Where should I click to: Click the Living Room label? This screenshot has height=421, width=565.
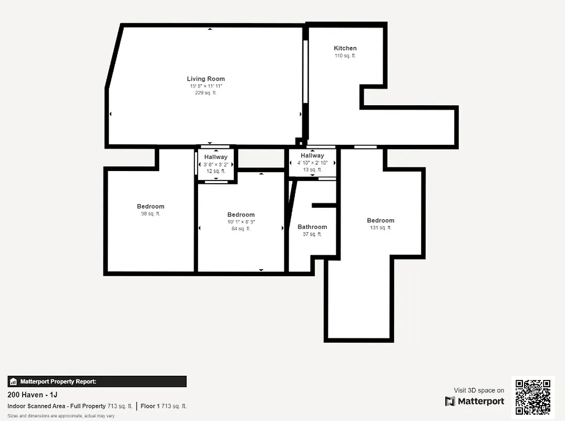(206, 79)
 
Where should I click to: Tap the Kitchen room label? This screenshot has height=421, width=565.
(345, 48)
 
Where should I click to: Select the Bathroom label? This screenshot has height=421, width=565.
(312, 227)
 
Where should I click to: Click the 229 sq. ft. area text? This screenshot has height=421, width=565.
(206, 93)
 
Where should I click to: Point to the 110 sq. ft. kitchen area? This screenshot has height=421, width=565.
(345, 56)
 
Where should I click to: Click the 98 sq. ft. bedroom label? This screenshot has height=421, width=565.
(150, 214)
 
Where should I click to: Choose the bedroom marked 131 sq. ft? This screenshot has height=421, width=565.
(381, 221)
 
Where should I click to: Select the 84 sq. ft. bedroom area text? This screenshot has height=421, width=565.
(241, 228)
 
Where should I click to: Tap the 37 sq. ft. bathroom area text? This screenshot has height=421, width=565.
(312, 234)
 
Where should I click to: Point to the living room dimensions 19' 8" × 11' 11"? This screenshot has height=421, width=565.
(206, 86)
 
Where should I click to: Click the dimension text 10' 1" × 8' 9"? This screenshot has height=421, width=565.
(241, 222)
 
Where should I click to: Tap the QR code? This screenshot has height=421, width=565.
(533, 397)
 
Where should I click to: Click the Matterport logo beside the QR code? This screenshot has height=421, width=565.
(475, 402)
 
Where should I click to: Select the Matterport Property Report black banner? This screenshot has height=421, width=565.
(97, 382)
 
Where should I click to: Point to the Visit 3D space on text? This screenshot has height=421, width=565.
(479, 390)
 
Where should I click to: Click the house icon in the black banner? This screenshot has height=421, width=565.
(14, 382)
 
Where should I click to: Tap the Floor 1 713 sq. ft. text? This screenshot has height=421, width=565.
(163, 406)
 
